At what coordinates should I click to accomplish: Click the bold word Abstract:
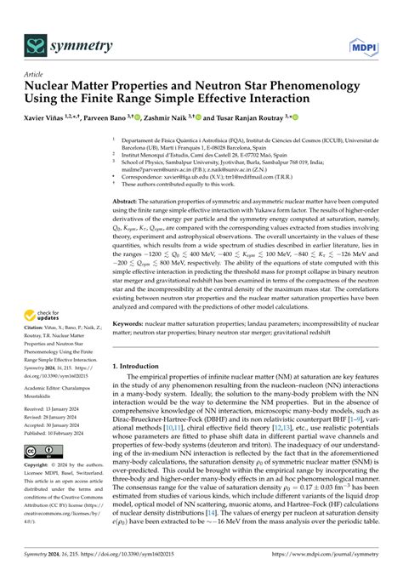[128, 201]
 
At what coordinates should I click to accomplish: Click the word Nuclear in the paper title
[54, 87]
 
